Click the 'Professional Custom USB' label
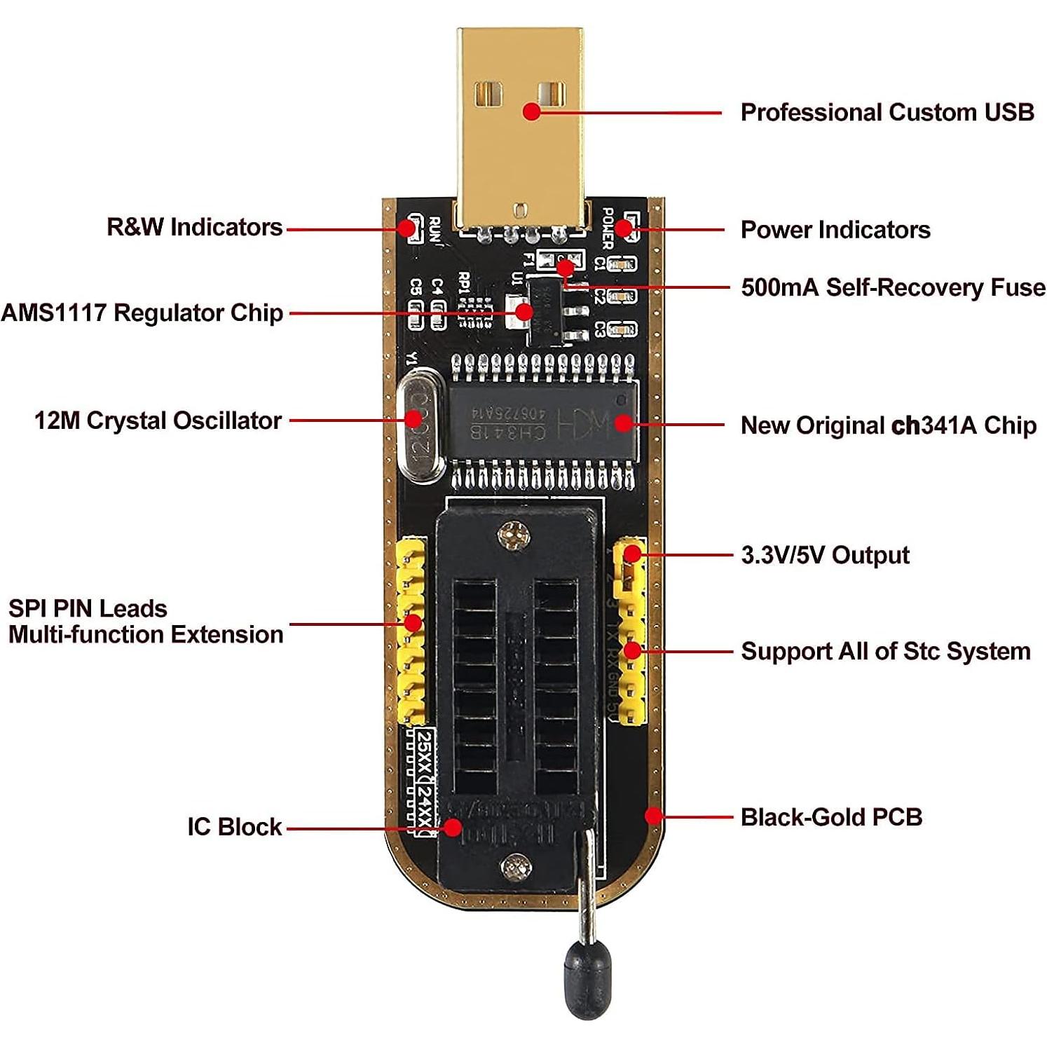tap(887, 112)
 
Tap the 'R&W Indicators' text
tap(194, 227)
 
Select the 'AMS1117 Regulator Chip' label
tap(142, 313)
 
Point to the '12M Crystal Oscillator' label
tap(158, 420)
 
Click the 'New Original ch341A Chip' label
tap(888, 425)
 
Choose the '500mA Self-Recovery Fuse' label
tap(893, 287)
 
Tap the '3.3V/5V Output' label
tap(825, 555)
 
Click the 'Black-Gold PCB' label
tap(831, 817)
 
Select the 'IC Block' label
tap(234, 827)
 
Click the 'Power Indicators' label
tap(835, 230)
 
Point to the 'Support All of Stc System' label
tap(886, 651)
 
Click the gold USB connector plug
tap(520, 126)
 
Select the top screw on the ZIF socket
tap(514, 536)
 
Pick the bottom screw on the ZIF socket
tap(516, 868)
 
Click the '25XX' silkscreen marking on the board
tap(424, 754)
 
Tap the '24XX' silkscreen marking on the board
tap(424, 807)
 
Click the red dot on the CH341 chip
tap(623, 423)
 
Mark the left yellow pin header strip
tap(411, 631)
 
